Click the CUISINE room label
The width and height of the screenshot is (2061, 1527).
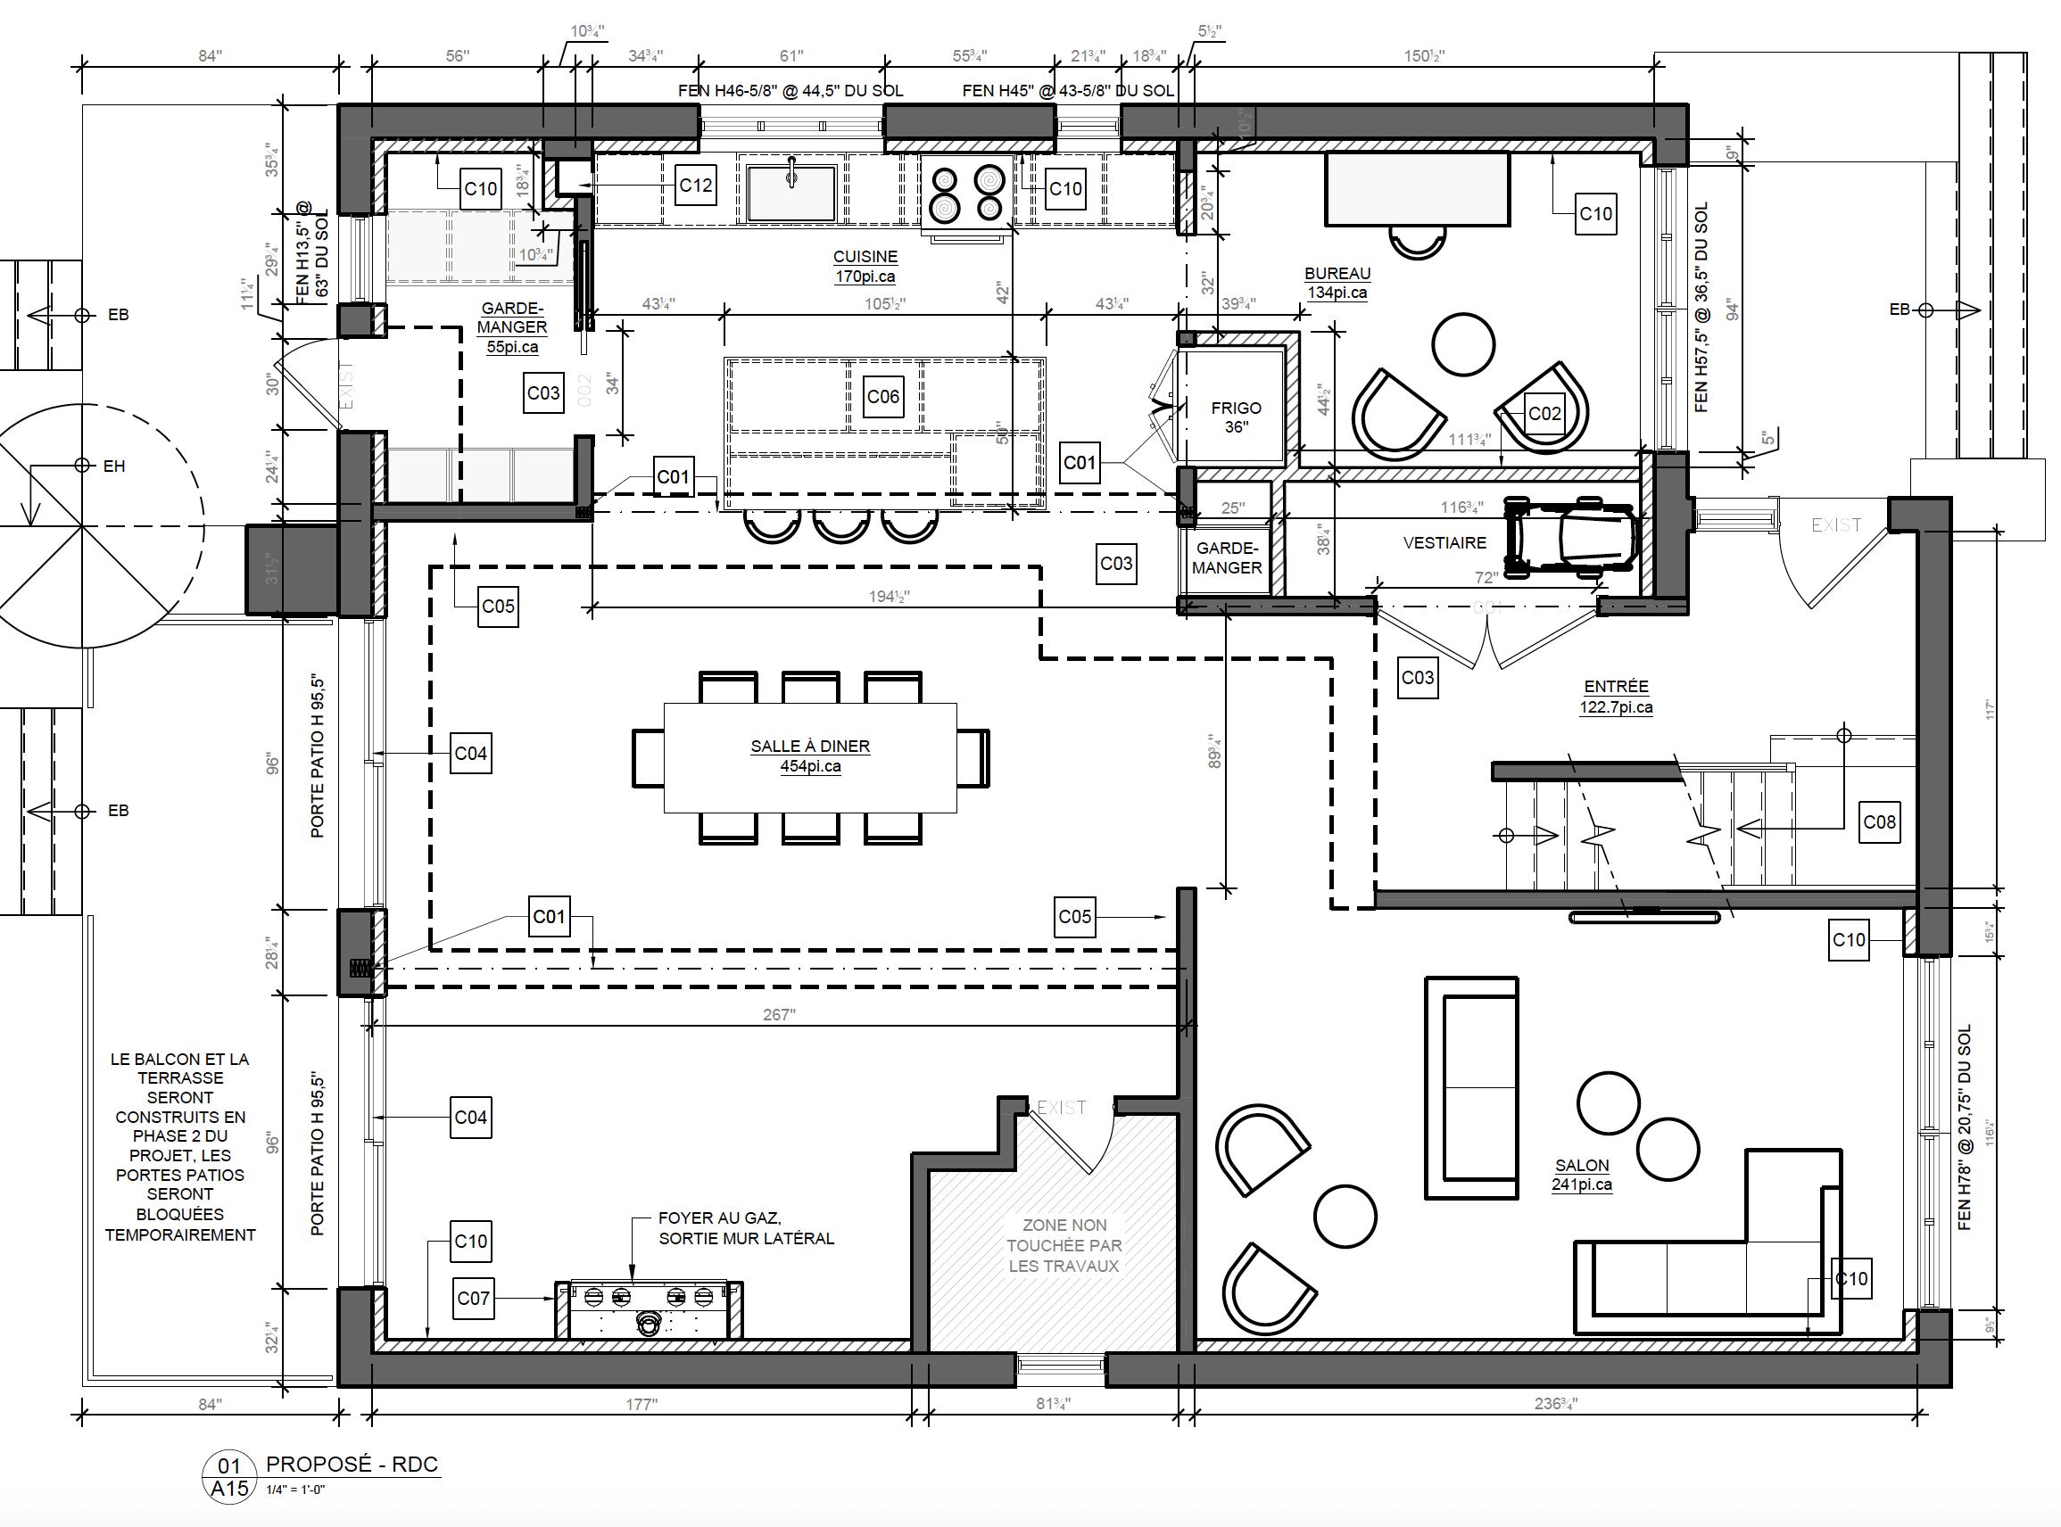(x=865, y=257)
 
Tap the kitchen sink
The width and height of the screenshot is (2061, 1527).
(x=791, y=193)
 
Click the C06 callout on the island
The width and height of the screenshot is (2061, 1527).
(x=883, y=397)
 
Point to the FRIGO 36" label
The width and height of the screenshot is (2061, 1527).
(x=1236, y=417)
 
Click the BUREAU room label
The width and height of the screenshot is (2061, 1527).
(x=1337, y=274)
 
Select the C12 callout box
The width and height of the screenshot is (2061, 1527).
(x=695, y=186)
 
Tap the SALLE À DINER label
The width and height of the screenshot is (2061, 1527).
(x=810, y=746)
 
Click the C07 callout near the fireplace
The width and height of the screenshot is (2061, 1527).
(x=474, y=1298)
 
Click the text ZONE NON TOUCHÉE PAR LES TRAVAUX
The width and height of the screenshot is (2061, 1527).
(x=1064, y=1245)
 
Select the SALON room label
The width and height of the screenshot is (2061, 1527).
(x=1582, y=1166)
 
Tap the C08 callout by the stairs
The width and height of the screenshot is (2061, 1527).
(x=1880, y=821)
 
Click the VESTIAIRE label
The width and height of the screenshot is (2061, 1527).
(x=1444, y=543)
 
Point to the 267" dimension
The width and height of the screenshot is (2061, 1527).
(x=779, y=1015)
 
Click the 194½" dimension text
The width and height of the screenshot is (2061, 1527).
(x=889, y=597)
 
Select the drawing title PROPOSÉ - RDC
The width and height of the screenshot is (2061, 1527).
(x=352, y=1465)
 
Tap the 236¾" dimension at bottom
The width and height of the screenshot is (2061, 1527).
(x=1555, y=1404)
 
